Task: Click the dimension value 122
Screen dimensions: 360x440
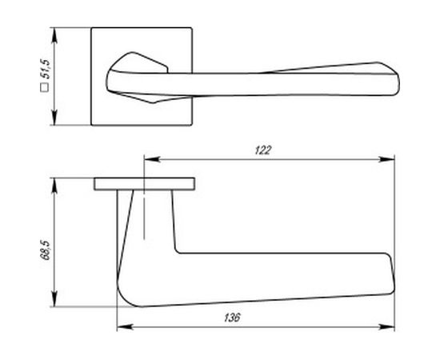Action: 265,149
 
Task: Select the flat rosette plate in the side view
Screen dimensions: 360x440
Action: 144,183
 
